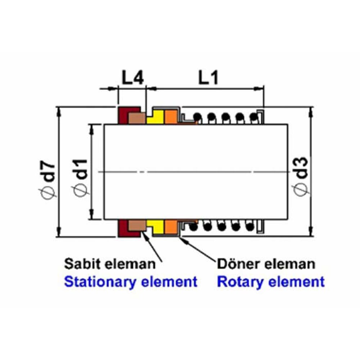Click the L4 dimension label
(132, 78)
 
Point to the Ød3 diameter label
(302, 176)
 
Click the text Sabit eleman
(110, 264)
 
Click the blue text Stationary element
(131, 282)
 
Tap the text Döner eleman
(266, 264)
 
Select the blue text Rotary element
(270, 282)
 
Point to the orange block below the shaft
(171, 226)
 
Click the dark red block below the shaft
(124, 228)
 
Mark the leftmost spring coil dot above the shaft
(197, 117)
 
